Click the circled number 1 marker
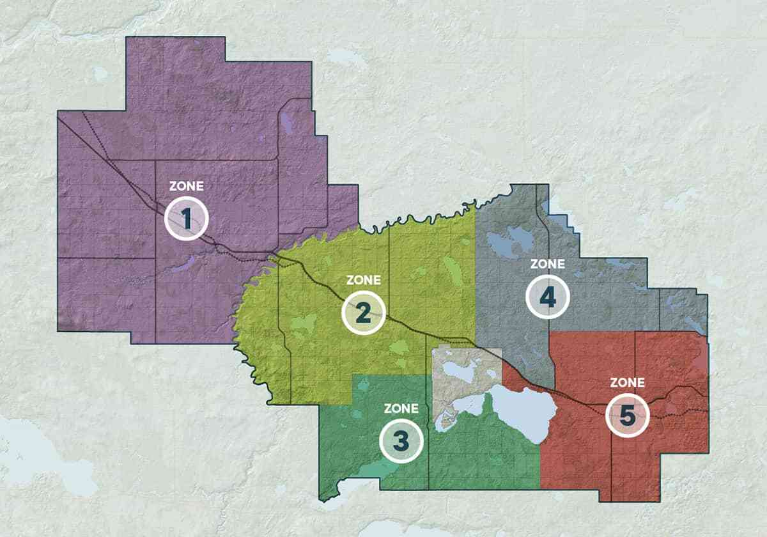(x=186, y=219)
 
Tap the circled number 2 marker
(x=363, y=313)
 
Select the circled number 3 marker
(x=401, y=440)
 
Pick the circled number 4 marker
(x=547, y=296)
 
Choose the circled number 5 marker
(x=627, y=416)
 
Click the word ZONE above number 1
(x=186, y=187)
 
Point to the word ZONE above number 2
(x=363, y=280)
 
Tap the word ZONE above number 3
(x=401, y=408)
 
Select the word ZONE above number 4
(x=547, y=263)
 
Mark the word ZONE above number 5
(x=627, y=383)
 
